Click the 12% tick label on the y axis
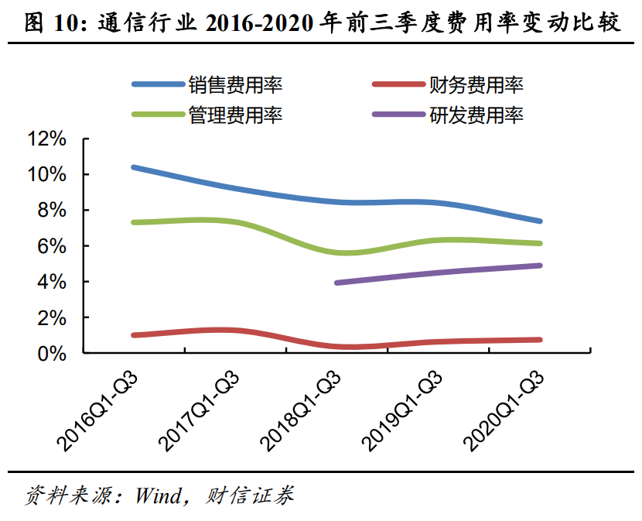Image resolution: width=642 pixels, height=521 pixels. tap(48, 139)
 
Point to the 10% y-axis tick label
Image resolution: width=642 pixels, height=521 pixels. tap(48, 175)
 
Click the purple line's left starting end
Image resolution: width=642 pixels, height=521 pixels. tap(337, 283)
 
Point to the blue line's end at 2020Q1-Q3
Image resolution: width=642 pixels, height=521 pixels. tap(539, 221)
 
